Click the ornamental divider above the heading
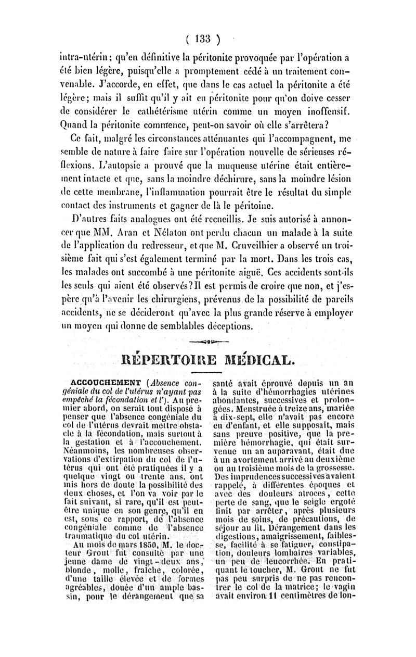pyautogui.click(x=207, y=341)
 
